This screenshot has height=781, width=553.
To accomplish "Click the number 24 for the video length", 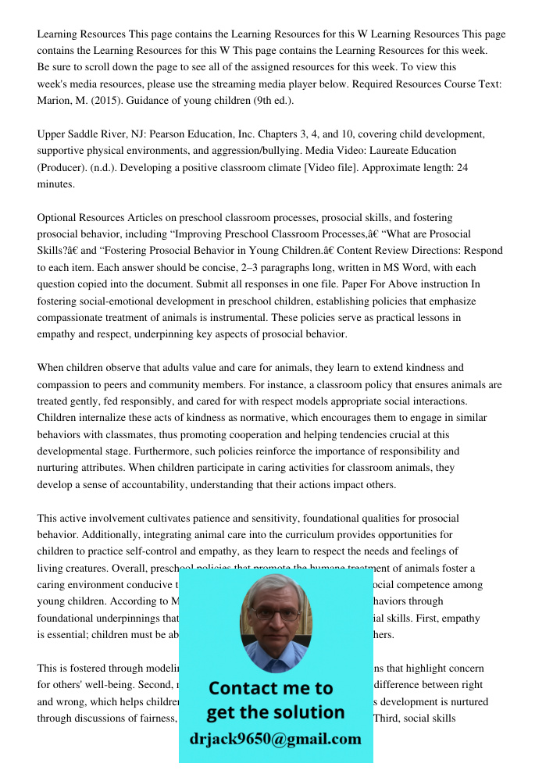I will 462,167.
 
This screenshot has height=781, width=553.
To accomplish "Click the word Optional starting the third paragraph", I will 59,218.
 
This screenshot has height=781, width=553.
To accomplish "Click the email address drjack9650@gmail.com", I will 276,739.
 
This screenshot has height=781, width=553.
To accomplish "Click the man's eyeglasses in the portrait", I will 276,613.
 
